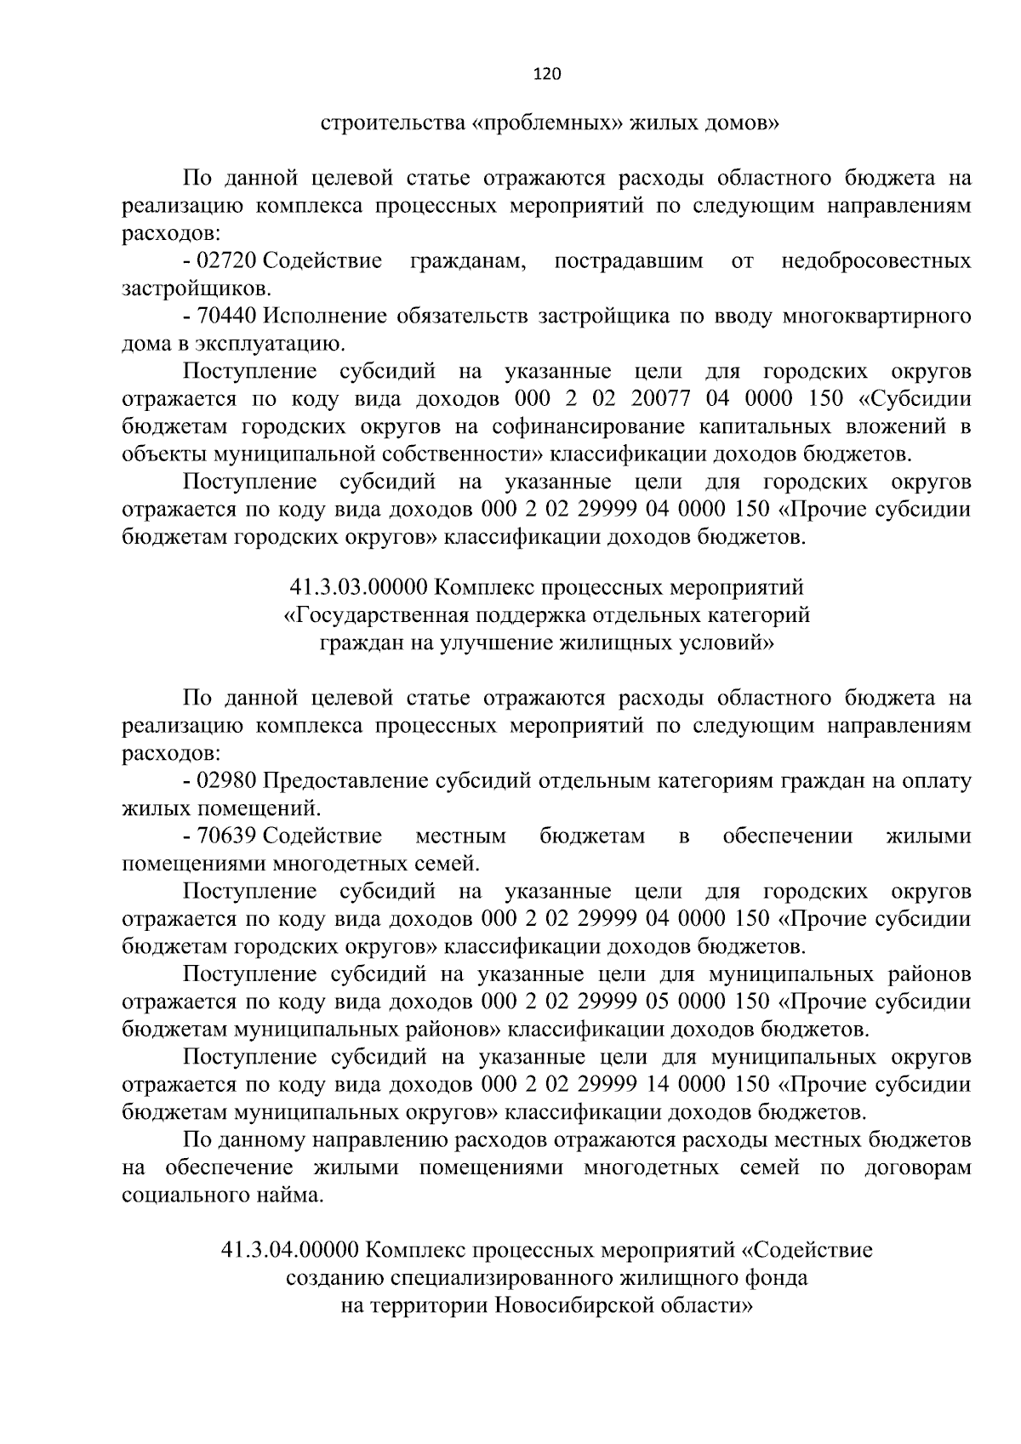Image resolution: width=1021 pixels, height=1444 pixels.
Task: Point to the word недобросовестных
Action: pos(876,260)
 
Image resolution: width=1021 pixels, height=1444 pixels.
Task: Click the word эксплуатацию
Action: pos(276,344)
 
